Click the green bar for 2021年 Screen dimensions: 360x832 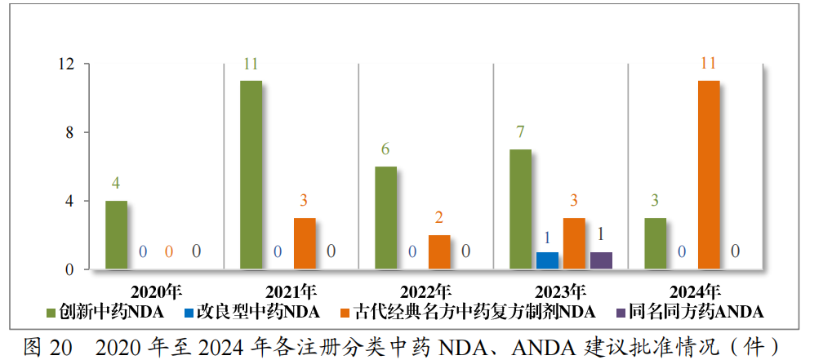coord(251,175)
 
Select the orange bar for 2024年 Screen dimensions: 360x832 coord(709,175)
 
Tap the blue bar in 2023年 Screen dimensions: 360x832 coord(547,260)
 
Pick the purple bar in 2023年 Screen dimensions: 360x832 coord(601,260)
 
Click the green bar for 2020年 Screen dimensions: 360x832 coord(116,234)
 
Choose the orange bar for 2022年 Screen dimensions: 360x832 coord(439,251)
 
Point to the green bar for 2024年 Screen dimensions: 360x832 coord(655,243)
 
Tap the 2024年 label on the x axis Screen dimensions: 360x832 coord(695,291)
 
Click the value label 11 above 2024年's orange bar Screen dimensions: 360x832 coord(709,63)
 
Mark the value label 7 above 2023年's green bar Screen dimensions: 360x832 coord(520,132)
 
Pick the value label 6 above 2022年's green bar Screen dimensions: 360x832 coord(385,149)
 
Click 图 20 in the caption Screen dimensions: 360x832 coord(48,345)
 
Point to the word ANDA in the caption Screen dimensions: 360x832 coord(544,345)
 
